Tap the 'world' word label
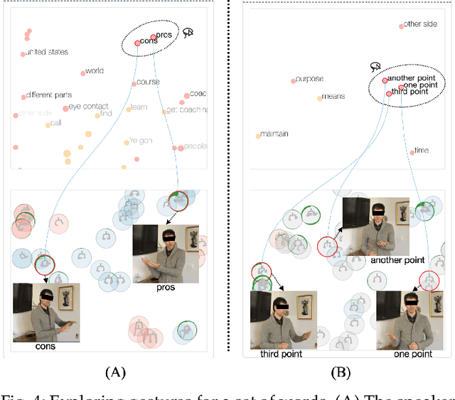[94, 71]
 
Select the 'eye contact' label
[89, 107]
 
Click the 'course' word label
[147, 82]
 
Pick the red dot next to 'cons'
[138, 43]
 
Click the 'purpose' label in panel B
[309, 79]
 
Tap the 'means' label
[333, 97]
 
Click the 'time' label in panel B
[422, 151]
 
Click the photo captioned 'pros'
[166, 253]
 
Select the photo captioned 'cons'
[46, 312]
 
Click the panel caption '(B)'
[341, 372]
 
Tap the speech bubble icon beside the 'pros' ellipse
[188, 32]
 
